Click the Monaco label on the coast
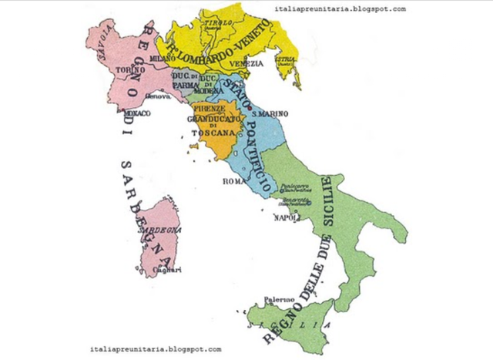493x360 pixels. (136, 113)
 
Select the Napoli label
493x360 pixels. (286, 218)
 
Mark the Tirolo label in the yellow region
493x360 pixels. (211, 23)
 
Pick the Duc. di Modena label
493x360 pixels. (210, 82)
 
